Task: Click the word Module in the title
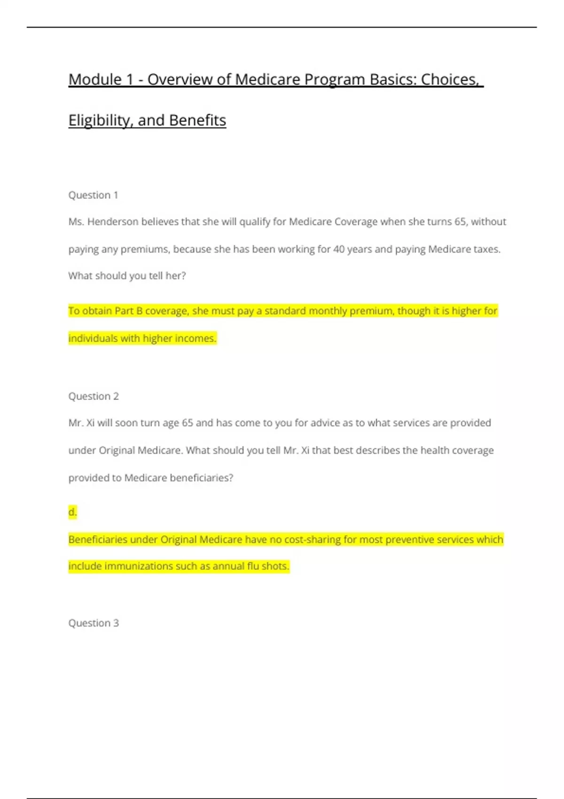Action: pyautogui.click(x=95, y=79)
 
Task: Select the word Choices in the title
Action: pyautogui.click(x=450, y=79)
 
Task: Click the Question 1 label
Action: pyautogui.click(x=93, y=195)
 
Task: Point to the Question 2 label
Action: pyautogui.click(x=94, y=396)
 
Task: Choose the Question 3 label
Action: pyautogui.click(x=94, y=623)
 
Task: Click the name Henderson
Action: pyautogui.click(x=113, y=222)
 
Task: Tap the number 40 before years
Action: pyautogui.click(x=339, y=249)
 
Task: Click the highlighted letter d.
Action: pyautogui.click(x=72, y=512)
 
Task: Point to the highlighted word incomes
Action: pyautogui.click(x=195, y=338)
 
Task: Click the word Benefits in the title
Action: pyautogui.click(x=197, y=120)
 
